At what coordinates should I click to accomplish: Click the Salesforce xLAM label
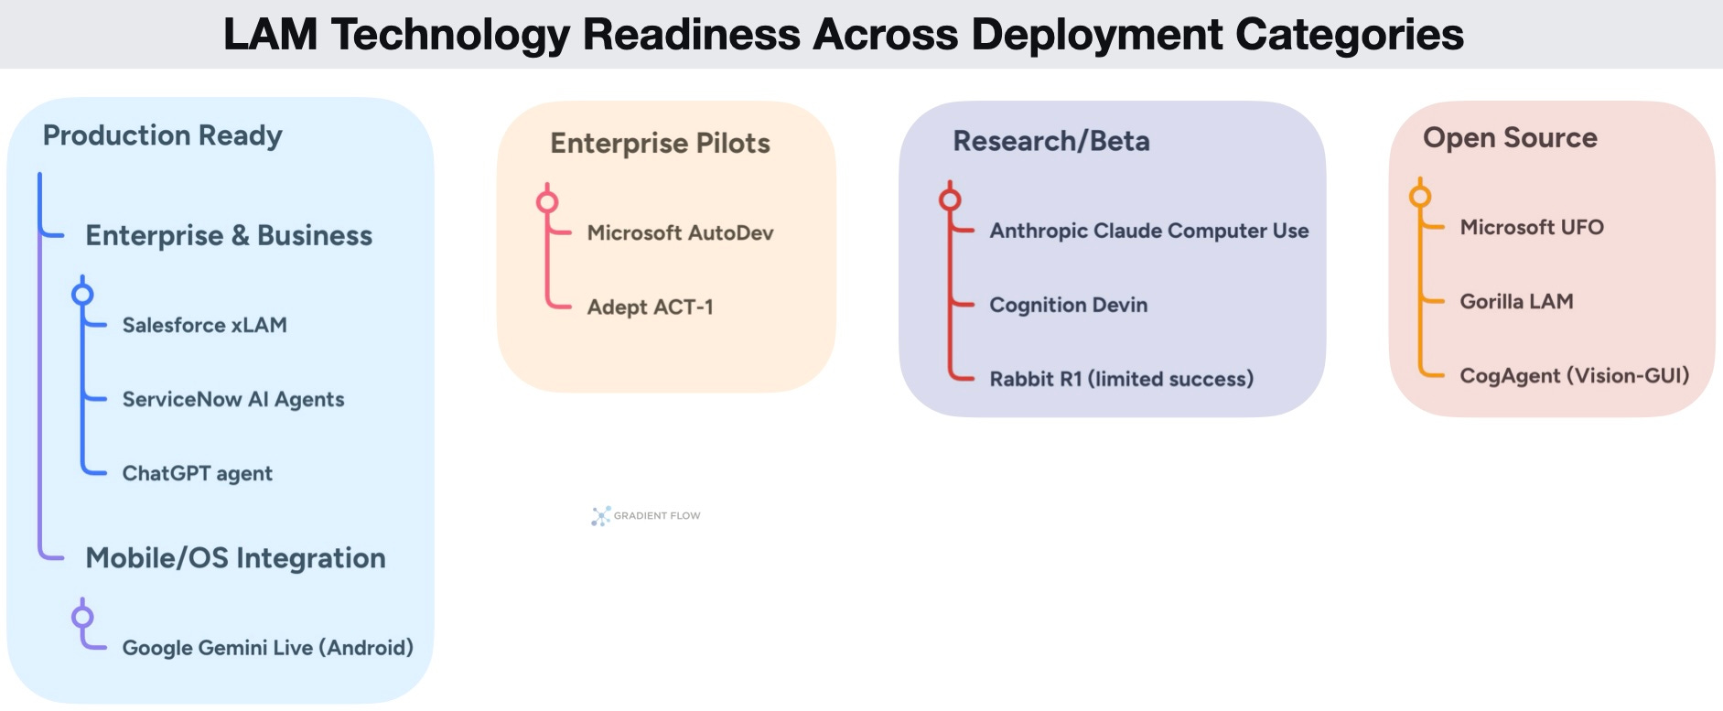point(204,325)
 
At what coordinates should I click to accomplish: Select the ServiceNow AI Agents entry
point(232,399)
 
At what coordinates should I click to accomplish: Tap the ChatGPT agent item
point(197,473)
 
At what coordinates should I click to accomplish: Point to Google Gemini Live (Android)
point(267,648)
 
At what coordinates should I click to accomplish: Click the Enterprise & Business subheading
point(229,235)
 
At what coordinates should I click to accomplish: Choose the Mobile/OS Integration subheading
point(235,558)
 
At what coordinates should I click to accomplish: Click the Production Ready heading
point(162,135)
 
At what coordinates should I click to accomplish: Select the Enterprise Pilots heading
point(660,143)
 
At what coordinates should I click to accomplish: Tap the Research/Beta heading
point(1050,141)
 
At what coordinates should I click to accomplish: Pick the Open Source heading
point(1510,137)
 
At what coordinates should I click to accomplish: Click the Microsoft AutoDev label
point(680,232)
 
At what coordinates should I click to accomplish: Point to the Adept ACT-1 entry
point(650,307)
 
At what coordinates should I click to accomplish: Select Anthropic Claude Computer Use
point(1148,231)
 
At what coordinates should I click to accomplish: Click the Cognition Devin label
point(1068,305)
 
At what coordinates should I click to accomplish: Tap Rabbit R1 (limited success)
point(1121,379)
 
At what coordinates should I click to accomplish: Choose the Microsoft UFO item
point(1531,227)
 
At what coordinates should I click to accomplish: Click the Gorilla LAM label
point(1516,301)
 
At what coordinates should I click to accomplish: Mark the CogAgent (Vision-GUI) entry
point(1574,375)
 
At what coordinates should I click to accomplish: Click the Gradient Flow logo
point(646,516)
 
